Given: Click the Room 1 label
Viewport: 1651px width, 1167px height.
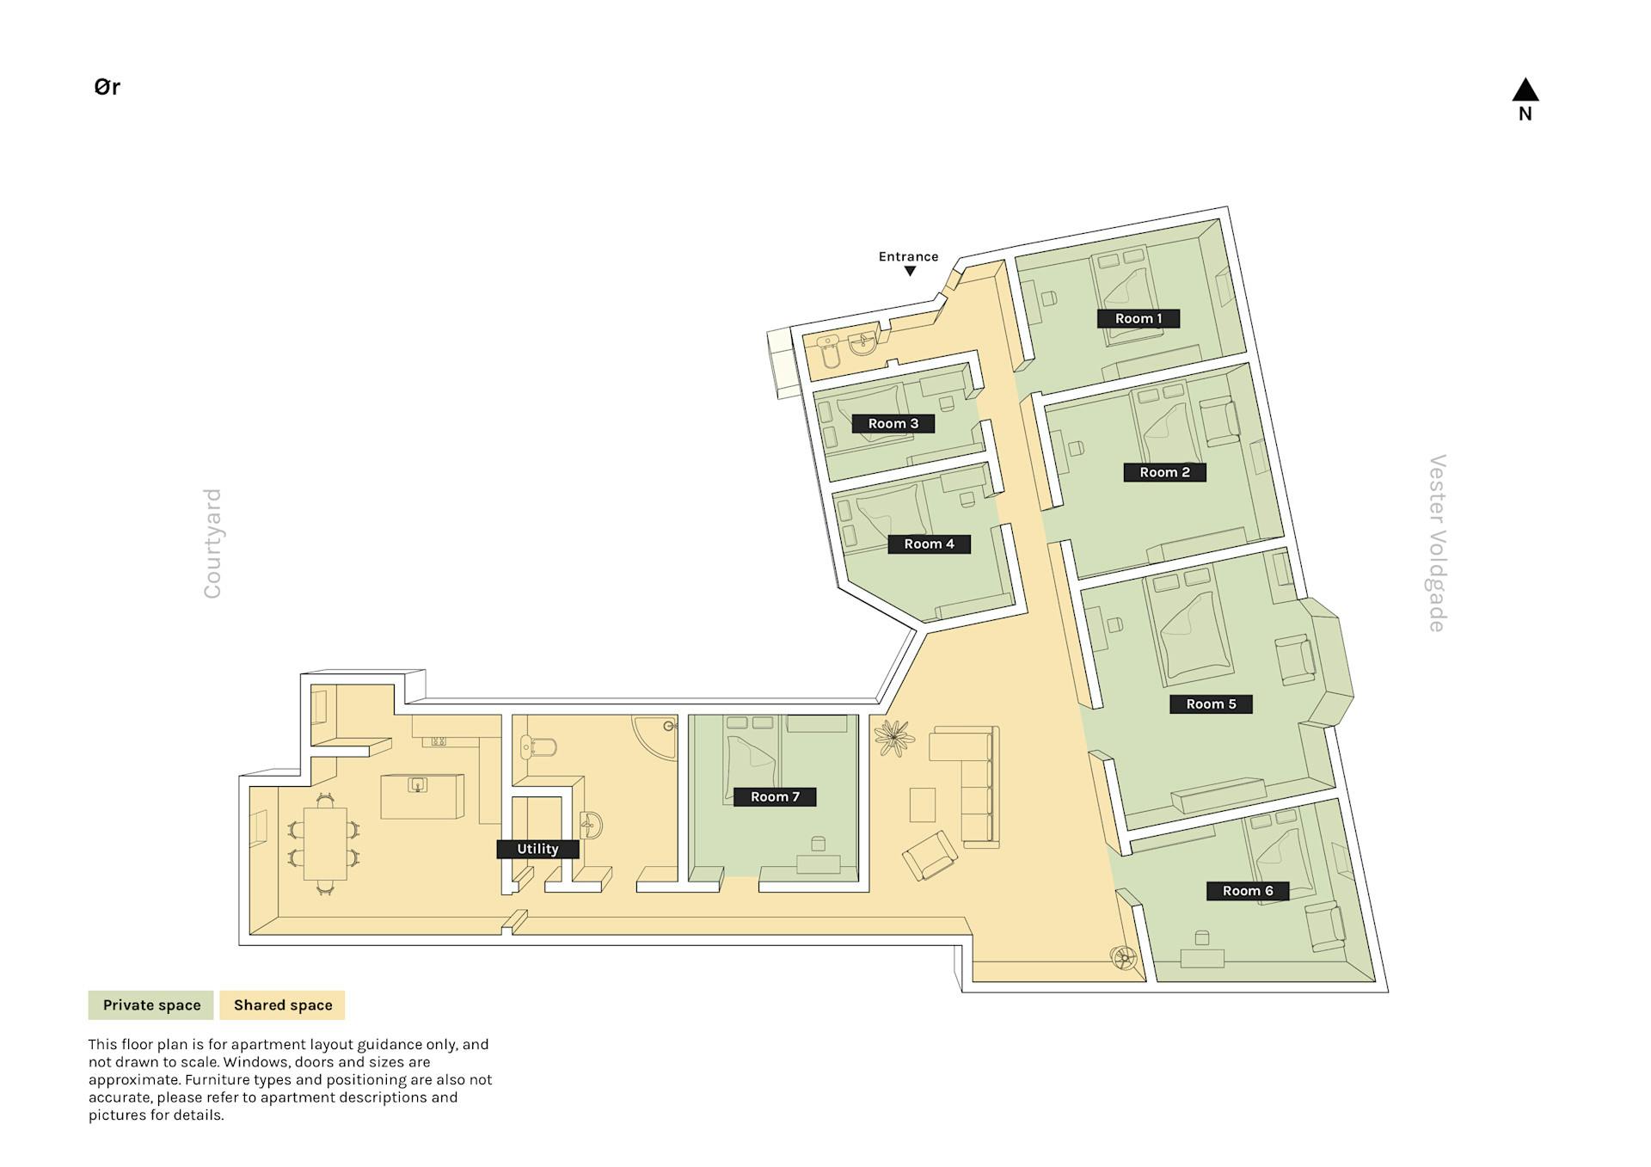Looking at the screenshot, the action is click(x=1138, y=318).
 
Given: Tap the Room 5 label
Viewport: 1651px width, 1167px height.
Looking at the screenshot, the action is click(x=1211, y=703).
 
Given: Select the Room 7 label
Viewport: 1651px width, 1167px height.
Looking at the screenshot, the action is click(x=775, y=796).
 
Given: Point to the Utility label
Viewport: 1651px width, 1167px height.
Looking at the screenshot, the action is click(x=537, y=849).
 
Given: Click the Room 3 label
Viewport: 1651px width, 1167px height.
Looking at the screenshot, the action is click(x=893, y=423).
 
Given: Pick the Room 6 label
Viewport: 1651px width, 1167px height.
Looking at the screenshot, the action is click(x=1248, y=891).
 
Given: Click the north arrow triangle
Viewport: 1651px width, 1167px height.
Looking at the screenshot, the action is click(x=1525, y=89).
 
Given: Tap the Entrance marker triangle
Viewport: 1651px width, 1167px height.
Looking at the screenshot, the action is click(x=910, y=271).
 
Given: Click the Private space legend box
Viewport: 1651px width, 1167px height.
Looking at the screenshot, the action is click(x=151, y=1004).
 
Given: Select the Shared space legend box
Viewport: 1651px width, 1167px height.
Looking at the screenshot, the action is click(x=283, y=1004).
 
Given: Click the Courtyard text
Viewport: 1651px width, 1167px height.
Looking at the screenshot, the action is click(x=212, y=544).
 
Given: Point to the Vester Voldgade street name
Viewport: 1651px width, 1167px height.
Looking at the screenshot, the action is click(x=1437, y=544).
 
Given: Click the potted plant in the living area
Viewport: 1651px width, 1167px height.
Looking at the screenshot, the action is click(x=893, y=738).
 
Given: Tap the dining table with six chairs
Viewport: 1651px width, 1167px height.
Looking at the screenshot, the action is click(x=325, y=844).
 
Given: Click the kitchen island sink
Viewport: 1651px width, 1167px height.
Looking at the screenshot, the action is click(x=418, y=784).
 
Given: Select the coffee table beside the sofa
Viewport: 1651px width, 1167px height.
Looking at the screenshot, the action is click(x=923, y=805).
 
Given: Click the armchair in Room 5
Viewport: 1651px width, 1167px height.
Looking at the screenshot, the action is click(x=1295, y=660).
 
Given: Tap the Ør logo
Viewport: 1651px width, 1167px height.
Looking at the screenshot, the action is click(x=107, y=87).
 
